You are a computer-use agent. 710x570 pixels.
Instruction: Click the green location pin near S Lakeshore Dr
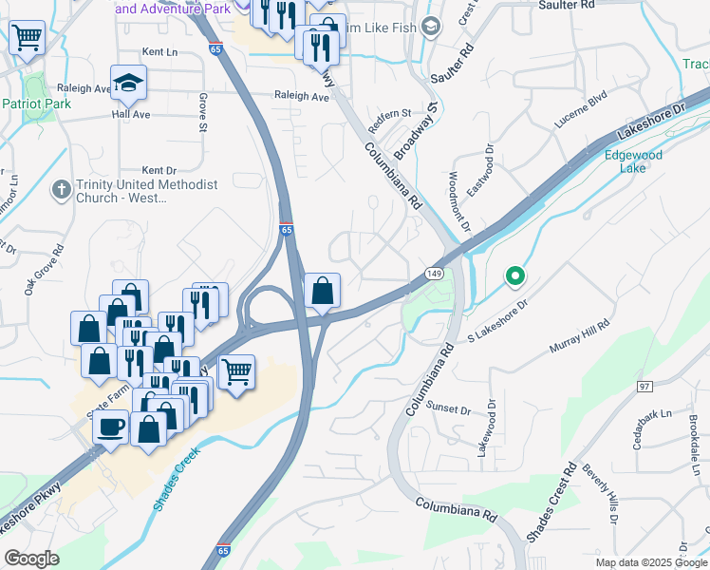[x=514, y=276]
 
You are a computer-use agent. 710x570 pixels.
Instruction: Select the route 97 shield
[x=645, y=386]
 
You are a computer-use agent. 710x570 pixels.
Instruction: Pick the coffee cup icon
[x=111, y=426]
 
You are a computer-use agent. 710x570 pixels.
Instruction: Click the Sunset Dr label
[x=449, y=409]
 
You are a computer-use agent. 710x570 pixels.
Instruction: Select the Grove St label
[x=203, y=112]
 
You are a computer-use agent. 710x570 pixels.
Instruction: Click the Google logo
[x=31, y=559]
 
